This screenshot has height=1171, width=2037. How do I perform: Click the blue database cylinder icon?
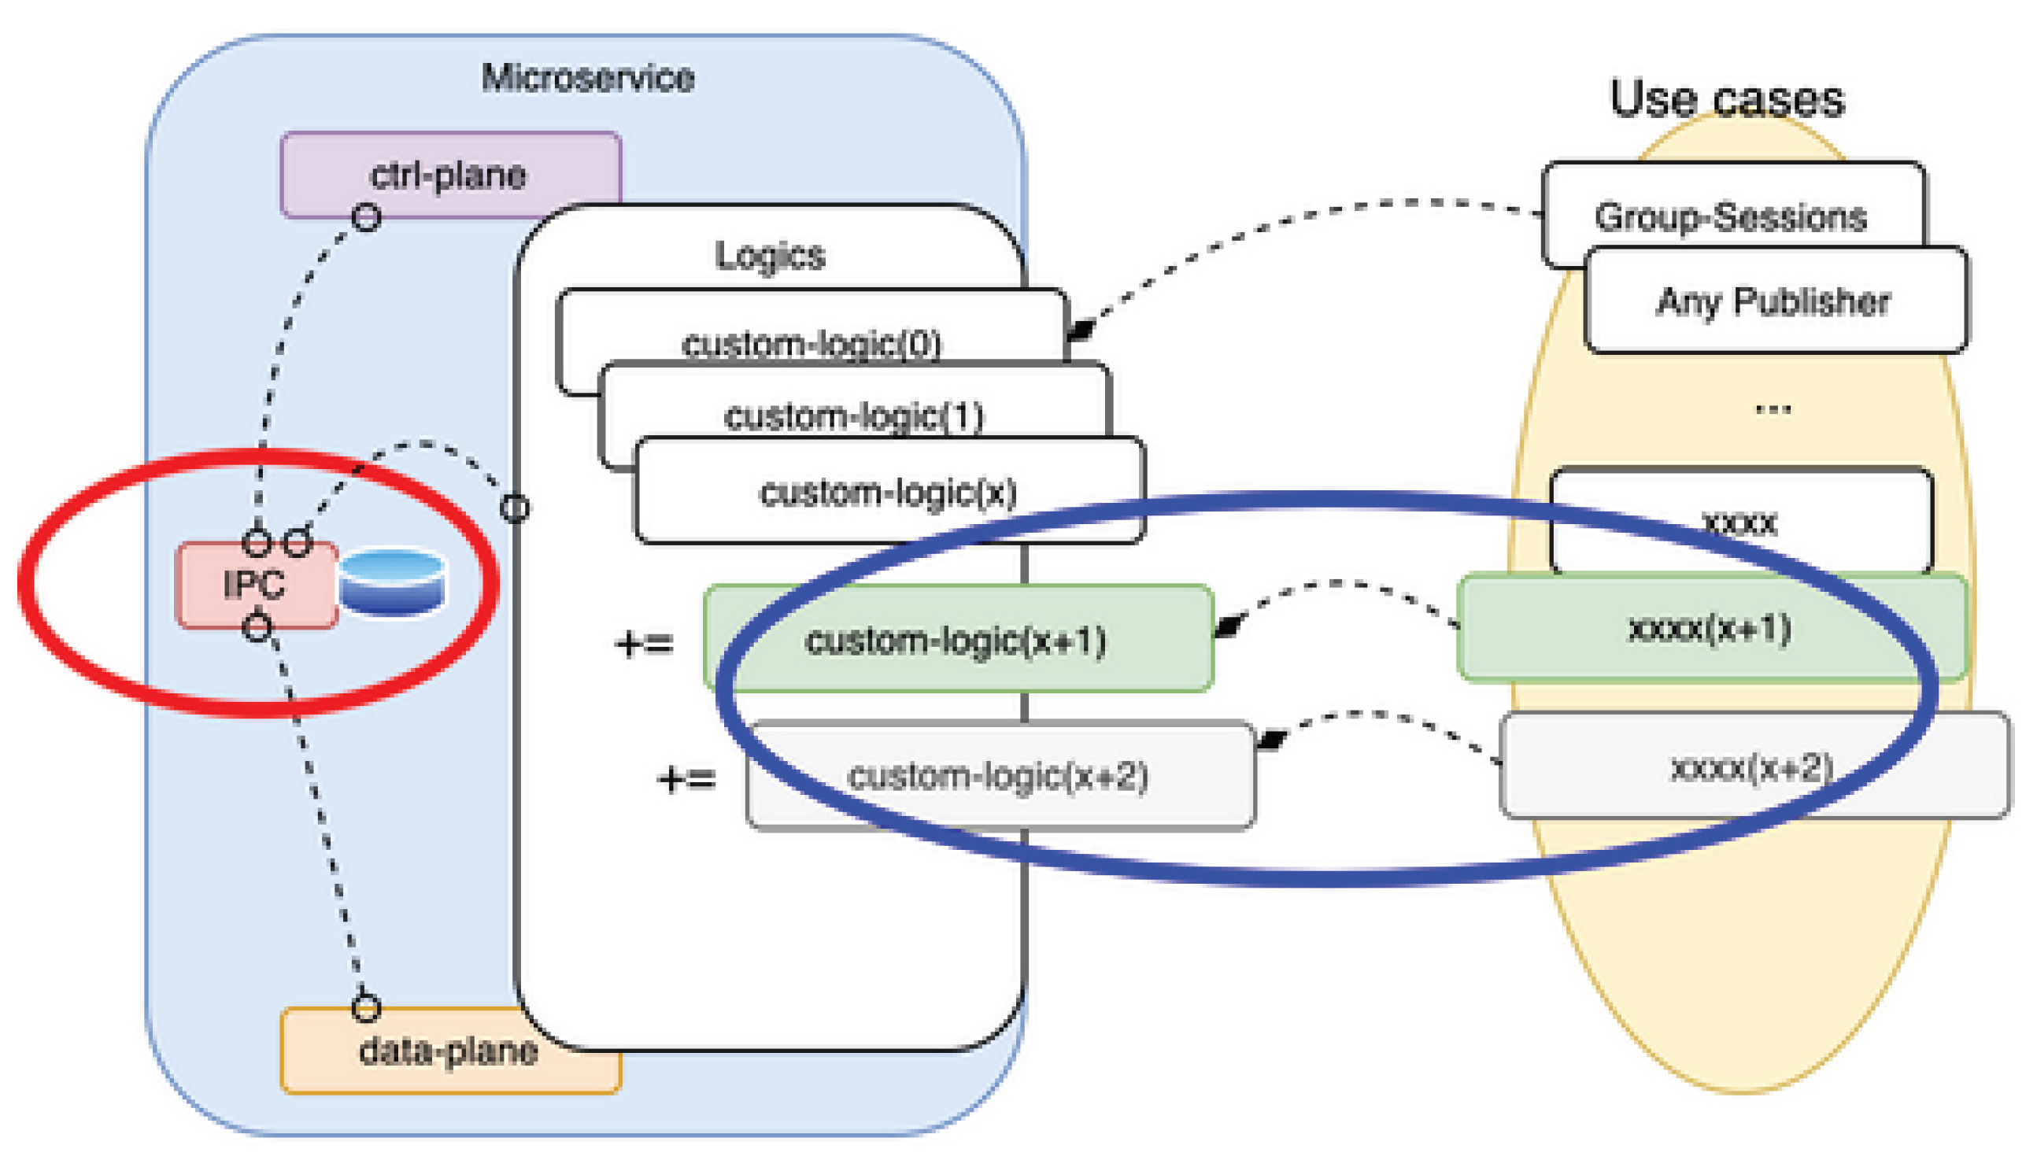[x=392, y=582]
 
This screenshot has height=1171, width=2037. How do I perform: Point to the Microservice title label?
[x=588, y=77]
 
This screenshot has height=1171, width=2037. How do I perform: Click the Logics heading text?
[x=770, y=255]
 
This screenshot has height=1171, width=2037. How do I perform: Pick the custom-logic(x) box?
[x=889, y=491]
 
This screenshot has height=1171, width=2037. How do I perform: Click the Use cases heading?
[x=1727, y=98]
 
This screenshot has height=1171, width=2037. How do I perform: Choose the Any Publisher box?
[x=1774, y=301]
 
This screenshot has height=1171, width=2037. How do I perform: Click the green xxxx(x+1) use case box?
[x=1711, y=627]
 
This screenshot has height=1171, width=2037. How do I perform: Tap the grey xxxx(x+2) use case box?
[x=1753, y=766]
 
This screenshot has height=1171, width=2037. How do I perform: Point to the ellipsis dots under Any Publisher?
[x=1773, y=408]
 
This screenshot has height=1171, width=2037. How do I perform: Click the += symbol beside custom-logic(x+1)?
[x=643, y=644]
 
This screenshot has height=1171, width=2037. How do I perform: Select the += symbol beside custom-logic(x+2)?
[x=686, y=778]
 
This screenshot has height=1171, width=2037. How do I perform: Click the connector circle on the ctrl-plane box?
[x=367, y=217]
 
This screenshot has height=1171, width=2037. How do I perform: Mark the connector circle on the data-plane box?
[x=366, y=1007]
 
